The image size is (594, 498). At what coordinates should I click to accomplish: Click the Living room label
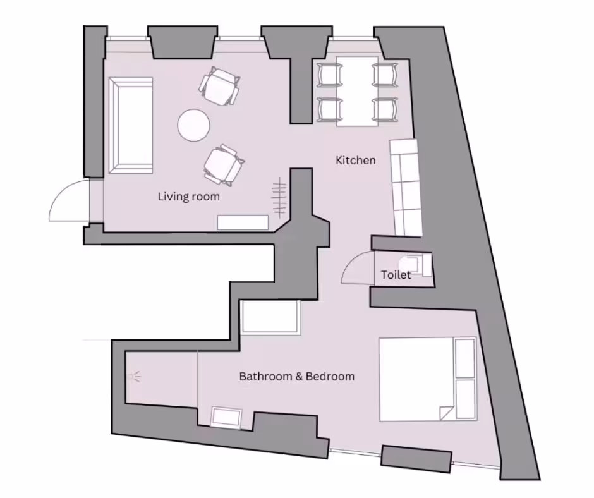[189, 197]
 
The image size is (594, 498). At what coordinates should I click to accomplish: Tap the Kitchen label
[356, 160]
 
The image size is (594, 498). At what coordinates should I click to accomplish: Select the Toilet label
[396, 274]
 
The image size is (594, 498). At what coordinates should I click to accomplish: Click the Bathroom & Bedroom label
[297, 376]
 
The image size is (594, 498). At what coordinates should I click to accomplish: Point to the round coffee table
[194, 125]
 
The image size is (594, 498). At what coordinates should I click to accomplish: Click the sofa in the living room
[131, 125]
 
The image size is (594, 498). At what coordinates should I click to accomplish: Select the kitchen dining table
[357, 92]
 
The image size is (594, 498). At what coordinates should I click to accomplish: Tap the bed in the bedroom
[428, 379]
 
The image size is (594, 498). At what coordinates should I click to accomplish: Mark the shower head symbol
[134, 377]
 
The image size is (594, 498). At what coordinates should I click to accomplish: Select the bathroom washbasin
[226, 418]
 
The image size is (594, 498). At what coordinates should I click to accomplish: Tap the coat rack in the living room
[279, 197]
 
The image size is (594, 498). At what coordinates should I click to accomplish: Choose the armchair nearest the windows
[219, 86]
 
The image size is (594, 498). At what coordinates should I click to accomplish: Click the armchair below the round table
[224, 165]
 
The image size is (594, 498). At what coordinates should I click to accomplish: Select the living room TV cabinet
[243, 222]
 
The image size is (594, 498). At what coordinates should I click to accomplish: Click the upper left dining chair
[329, 75]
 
